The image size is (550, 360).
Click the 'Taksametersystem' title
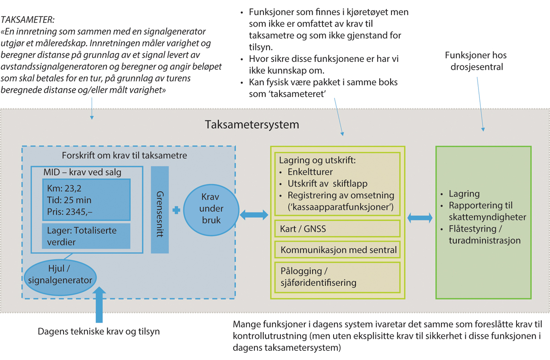[x=252, y=124]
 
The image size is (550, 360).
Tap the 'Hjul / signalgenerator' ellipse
[x=60, y=274]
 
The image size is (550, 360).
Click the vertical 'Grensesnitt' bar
[x=160, y=209]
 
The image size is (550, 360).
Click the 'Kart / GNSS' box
[x=337, y=228]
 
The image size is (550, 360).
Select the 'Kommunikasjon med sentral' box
[x=337, y=250]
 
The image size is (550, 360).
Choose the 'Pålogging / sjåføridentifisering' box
[x=337, y=276]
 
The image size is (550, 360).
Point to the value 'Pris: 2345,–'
[x=71, y=211]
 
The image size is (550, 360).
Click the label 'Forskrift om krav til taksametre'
[x=125, y=155]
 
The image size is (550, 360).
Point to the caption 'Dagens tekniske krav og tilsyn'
[x=99, y=331]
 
